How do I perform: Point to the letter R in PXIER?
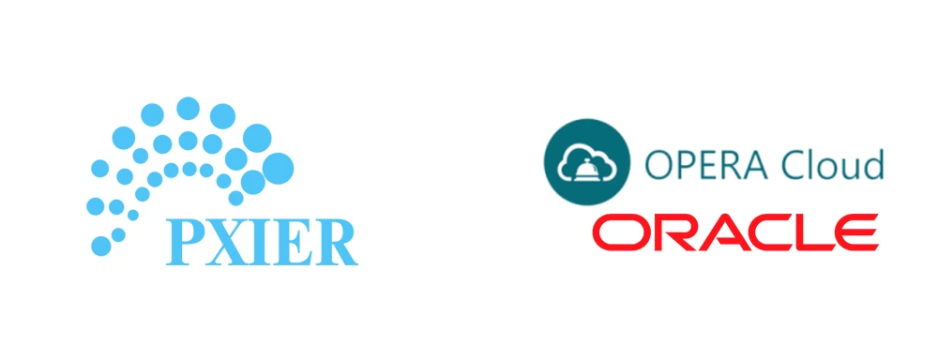coord(332,240)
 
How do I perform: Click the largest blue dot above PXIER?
coord(278,168)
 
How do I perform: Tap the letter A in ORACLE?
coord(721,233)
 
